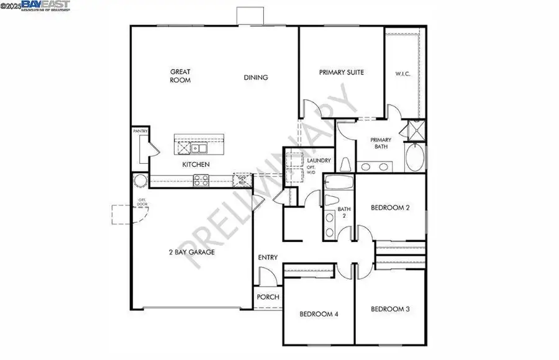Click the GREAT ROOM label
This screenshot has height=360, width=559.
tap(180, 76)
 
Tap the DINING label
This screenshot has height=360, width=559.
tap(255, 78)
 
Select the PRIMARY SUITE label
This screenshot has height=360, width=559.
tap(341, 73)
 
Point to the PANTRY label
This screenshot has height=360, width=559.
tap(140, 132)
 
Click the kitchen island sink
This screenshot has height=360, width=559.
tap(199, 148)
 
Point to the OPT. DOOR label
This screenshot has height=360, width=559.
tap(142, 203)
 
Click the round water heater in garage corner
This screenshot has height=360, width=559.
tap(140, 181)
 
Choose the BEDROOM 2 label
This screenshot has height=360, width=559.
tap(390, 208)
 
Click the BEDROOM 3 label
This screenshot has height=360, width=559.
tap(390, 309)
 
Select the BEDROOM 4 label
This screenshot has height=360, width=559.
tap(319, 314)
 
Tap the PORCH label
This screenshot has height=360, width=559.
tap(268, 297)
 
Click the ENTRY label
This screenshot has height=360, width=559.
tap(268, 258)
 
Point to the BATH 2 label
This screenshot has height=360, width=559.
tap(344, 212)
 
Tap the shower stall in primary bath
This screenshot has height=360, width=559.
tap(411, 131)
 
